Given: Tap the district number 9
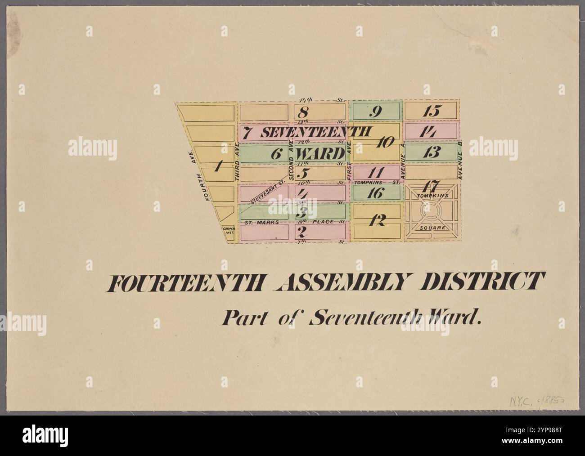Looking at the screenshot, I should pyautogui.click(x=373, y=111).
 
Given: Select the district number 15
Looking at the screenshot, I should pyautogui.click(x=431, y=111).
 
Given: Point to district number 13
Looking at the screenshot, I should pyautogui.click(x=431, y=152).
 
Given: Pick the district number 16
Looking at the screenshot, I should pyautogui.click(x=376, y=193).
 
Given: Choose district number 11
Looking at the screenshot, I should pyautogui.click(x=375, y=173).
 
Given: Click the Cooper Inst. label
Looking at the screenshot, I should pyautogui.click(x=229, y=232).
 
